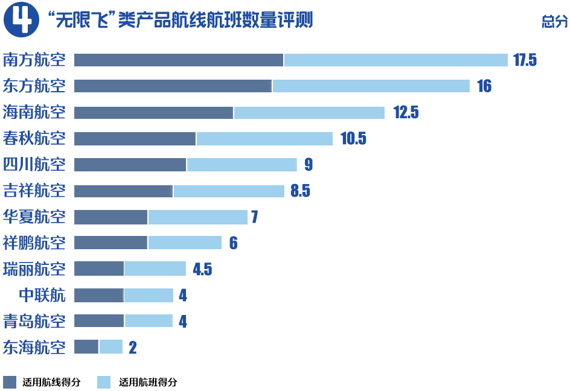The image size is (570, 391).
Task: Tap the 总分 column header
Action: coord(555,22)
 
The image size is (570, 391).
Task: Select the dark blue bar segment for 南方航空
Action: coord(179,60)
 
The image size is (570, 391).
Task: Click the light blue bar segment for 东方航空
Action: coord(371,86)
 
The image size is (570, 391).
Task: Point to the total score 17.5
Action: coord(524,60)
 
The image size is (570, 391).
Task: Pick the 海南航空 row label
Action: coord(34,112)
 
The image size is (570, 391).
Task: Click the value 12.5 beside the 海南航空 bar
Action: coord(406,112)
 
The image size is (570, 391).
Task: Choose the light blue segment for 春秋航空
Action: coord(264,139)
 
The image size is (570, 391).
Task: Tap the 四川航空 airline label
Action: coord(34,165)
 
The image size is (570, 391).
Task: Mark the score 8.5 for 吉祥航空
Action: coord(300,191)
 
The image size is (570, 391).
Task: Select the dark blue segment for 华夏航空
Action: coord(110,217)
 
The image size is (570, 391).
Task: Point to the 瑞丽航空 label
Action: coord(34,269)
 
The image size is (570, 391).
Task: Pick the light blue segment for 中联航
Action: coord(149,295)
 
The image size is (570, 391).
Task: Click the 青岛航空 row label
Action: coord(34,322)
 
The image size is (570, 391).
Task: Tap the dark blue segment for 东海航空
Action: coord(86,347)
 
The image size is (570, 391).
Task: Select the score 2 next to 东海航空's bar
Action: coord(133,348)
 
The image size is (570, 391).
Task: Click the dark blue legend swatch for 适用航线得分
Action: coord(10,382)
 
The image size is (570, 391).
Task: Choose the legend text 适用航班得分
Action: coord(148,382)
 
